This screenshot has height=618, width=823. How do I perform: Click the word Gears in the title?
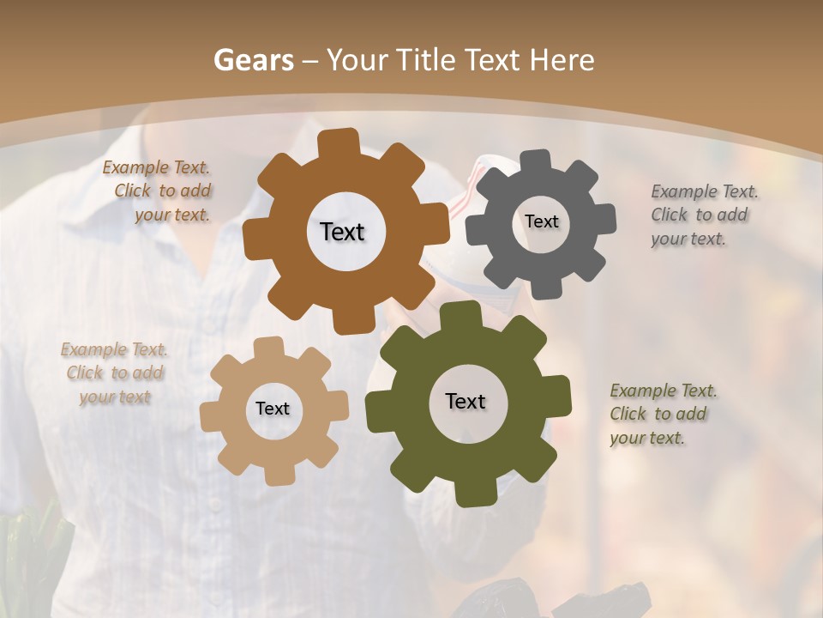253,60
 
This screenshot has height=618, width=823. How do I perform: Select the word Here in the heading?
562,60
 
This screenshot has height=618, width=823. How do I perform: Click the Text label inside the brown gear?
343,232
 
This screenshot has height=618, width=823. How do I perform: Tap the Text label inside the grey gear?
542,221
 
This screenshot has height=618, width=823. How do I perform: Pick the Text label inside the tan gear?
273,409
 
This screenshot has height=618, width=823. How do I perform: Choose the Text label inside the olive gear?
466,401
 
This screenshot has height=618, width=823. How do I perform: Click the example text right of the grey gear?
703,215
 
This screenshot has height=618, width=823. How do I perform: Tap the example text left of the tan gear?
115,373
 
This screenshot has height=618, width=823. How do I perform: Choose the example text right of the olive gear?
662,414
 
